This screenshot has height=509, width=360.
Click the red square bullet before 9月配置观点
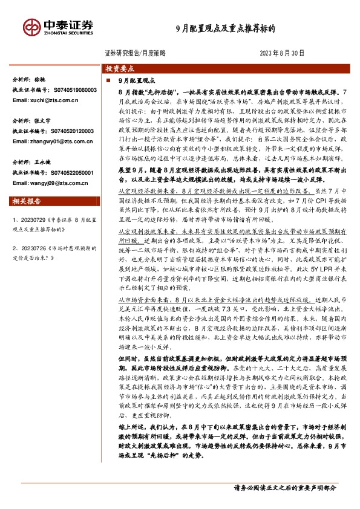(107, 80)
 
